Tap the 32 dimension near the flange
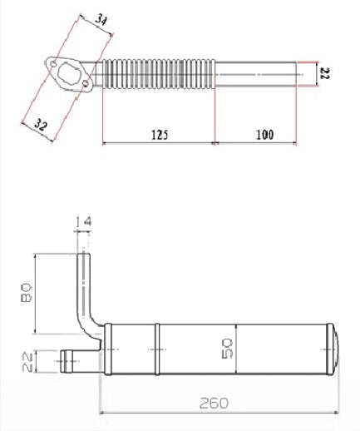38,124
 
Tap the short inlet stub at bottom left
73,359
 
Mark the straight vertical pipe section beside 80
82,279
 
